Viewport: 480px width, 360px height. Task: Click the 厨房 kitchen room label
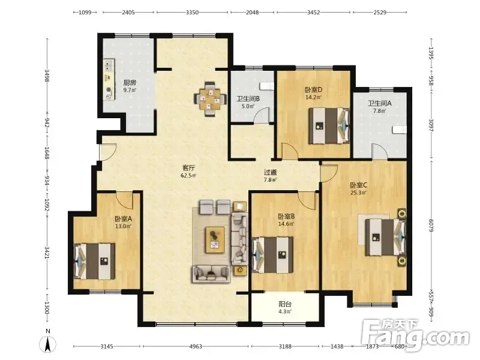tap(130, 83)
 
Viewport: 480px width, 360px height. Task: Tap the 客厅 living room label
tap(188, 168)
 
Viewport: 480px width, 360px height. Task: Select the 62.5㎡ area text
tap(188, 176)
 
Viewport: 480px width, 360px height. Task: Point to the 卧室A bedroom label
tap(123, 219)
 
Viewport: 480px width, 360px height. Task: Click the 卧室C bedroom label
tap(358, 185)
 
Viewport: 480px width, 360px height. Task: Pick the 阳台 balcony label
tap(284, 304)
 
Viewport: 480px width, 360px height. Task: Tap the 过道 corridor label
tap(271, 172)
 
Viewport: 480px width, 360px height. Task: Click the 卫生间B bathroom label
tap(248, 99)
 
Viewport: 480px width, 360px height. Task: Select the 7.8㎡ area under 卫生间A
tap(379, 111)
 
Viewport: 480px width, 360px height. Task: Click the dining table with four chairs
tap(210, 99)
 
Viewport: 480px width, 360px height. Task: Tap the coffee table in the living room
tap(215, 239)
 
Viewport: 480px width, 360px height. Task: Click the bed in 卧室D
tap(329, 125)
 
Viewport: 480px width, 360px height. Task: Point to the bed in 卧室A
tap(95, 261)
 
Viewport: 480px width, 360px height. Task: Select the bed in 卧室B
tap(272, 255)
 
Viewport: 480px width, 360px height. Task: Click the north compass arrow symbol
tap(48, 344)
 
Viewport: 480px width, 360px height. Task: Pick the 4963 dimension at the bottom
tap(196, 347)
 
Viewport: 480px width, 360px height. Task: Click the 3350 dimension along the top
tap(192, 12)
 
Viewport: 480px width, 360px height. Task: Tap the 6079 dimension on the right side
tap(431, 225)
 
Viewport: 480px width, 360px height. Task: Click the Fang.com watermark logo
tap(415, 336)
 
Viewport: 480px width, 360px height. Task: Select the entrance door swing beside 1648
tap(108, 152)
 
